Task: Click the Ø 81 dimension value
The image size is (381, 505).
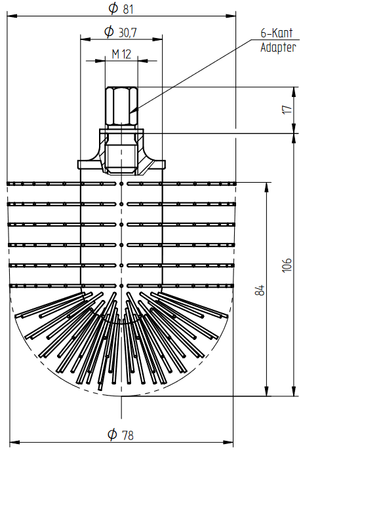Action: pyautogui.click(x=121, y=9)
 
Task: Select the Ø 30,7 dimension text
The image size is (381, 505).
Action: pyautogui.click(x=121, y=32)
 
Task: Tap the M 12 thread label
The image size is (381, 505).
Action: pyautogui.click(x=121, y=54)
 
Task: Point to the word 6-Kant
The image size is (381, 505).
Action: pyautogui.click(x=277, y=33)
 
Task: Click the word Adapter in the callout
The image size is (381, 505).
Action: pyautogui.click(x=278, y=47)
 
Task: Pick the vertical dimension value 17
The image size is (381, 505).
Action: pyautogui.click(x=287, y=109)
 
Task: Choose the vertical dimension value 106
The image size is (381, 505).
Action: pyautogui.click(x=287, y=265)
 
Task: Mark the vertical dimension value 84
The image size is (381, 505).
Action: pyautogui.click(x=260, y=290)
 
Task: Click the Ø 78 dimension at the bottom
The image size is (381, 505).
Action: pyautogui.click(x=120, y=435)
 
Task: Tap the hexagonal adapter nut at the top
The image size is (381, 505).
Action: pyautogui.click(x=121, y=105)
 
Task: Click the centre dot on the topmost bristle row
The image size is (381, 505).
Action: pyautogui.click(x=121, y=184)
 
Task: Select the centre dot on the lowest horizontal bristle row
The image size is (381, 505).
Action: pyautogui.click(x=121, y=286)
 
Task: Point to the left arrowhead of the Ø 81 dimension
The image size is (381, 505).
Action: pyautogui.click(x=12, y=16)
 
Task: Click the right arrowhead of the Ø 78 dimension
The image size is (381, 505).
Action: pyautogui.click(x=228, y=443)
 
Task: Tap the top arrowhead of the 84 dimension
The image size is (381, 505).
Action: pyautogui.click(x=266, y=188)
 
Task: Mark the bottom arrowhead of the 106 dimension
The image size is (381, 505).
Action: pyautogui.click(x=294, y=391)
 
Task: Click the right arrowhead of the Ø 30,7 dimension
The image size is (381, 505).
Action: pyautogui.click(x=157, y=39)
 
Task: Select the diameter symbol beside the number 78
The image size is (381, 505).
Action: pyautogui.click(x=112, y=434)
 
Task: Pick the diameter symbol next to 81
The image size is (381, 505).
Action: pyautogui.click(x=113, y=8)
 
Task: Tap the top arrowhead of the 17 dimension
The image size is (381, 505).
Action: pyautogui.click(x=294, y=92)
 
